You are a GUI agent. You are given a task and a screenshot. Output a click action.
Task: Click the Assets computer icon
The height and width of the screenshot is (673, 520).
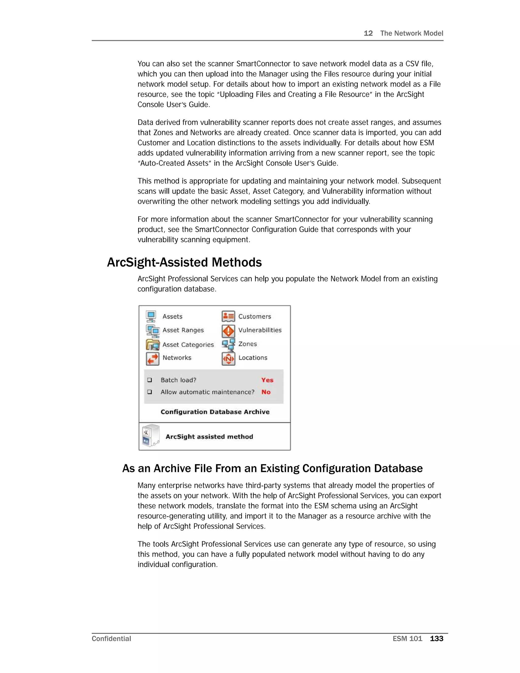pyautogui.click(x=151, y=316)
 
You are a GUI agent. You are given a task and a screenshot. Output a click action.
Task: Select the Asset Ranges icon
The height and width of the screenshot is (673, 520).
pyautogui.click(x=153, y=331)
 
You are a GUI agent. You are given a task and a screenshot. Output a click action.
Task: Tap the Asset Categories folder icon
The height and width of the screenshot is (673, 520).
pyautogui.click(x=153, y=345)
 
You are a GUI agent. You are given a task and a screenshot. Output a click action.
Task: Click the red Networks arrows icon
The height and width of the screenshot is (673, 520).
pyautogui.click(x=153, y=358)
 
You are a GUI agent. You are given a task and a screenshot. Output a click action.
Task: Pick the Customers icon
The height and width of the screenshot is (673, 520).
pyautogui.click(x=228, y=316)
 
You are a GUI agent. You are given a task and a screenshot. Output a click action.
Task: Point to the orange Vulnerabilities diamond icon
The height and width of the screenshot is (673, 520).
pyautogui.click(x=228, y=331)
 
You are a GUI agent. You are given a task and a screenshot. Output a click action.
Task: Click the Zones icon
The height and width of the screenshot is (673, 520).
pyautogui.click(x=228, y=345)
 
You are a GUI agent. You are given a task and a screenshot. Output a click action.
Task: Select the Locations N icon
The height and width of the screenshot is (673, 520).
pyautogui.click(x=228, y=358)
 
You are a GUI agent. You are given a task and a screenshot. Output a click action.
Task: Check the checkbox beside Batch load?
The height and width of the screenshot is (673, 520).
pyautogui.click(x=149, y=380)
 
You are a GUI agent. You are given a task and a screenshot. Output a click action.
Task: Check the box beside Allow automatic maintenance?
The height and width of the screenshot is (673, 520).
pyautogui.click(x=149, y=392)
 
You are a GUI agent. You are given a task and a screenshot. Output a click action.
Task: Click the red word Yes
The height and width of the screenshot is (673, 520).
pyautogui.click(x=267, y=380)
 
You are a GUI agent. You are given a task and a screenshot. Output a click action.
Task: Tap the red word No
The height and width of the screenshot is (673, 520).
pyautogui.click(x=266, y=392)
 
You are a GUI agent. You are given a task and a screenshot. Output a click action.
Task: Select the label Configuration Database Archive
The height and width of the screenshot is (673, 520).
pyautogui.click(x=215, y=412)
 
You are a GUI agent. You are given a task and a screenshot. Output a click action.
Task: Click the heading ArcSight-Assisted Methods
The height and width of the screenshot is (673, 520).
pyautogui.click(x=184, y=263)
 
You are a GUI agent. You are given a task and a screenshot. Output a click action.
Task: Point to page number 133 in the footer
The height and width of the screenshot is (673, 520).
pyautogui.click(x=436, y=639)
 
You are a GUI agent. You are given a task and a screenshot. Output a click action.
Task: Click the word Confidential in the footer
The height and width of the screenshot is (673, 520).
pyautogui.click(x=111, y=639)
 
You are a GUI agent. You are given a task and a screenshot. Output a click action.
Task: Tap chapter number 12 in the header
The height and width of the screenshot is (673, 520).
pyautogui.click(x=368, y=33)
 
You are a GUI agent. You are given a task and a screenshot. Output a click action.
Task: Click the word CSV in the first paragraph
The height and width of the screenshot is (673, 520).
pyautogui.click(x=412, y=64)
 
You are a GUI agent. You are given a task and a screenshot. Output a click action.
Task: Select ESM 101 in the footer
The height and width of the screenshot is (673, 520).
pyautogui.click(x=407, y=639)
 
